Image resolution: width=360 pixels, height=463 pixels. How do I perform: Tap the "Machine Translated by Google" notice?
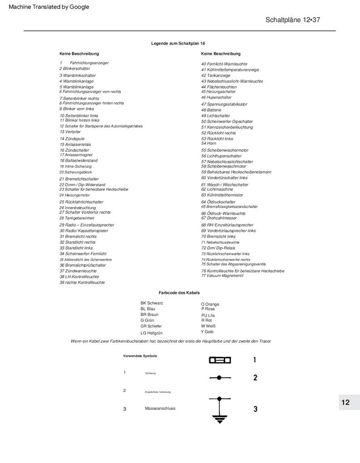[49, 7]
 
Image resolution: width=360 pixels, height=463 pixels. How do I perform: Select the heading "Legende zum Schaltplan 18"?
[178, 43]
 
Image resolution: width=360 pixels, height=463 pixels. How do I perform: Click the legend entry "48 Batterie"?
[211, 110]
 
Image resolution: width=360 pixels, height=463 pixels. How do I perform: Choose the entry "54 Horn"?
[208, 143]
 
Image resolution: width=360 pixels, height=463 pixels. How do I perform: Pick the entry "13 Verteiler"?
[70, 132]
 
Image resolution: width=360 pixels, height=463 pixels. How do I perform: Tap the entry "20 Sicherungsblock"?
[75, 172]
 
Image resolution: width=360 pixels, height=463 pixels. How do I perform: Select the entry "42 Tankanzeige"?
[216, 75]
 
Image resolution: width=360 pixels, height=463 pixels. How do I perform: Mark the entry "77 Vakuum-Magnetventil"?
[222, 276]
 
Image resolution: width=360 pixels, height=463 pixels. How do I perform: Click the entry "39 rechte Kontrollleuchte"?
[82, 282]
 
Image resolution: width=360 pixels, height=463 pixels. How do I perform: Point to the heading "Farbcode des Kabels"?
[179, 293]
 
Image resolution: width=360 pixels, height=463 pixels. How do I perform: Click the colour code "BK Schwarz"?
[152, 303]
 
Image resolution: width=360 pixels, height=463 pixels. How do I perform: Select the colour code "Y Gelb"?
[207, 332]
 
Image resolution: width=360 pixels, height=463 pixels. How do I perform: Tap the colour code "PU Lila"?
[208, 315]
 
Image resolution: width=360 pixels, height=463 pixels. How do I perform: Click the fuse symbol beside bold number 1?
[220, 360]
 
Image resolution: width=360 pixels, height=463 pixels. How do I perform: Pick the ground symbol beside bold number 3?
[220, 409]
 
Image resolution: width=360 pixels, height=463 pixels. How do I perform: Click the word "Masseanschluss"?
[160, 409]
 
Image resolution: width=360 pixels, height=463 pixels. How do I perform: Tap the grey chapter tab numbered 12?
[345, 403]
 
